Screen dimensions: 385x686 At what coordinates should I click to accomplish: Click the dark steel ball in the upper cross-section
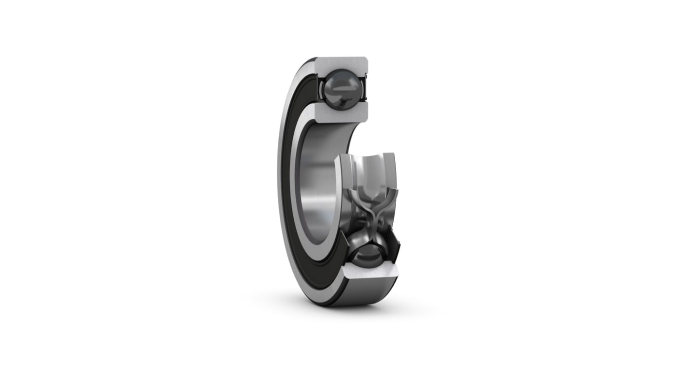coord(341,88)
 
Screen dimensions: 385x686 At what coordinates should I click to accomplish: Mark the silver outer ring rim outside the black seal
coord(281,193)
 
